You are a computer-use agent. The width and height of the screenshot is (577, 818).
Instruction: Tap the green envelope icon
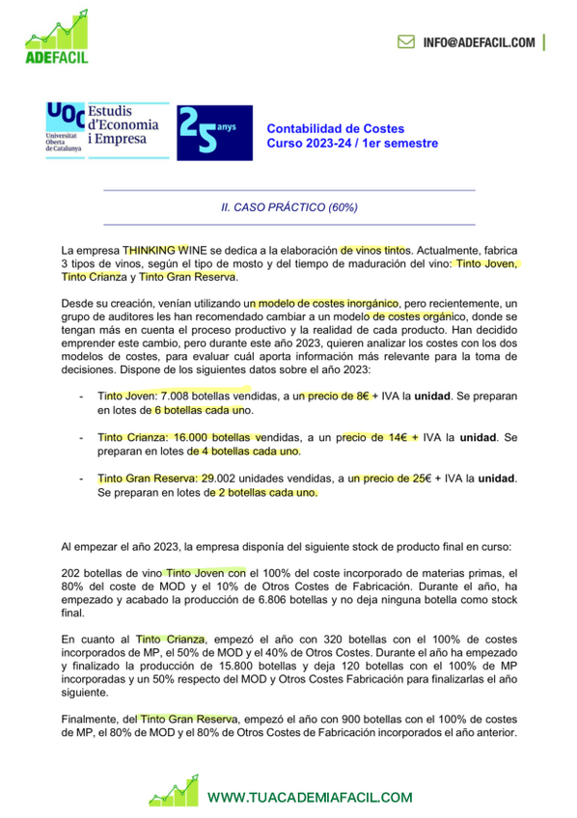(406, 42)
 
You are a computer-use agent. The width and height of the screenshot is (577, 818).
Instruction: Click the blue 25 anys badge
(213, 132)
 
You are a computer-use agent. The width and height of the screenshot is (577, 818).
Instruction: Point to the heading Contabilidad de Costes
(335, 128)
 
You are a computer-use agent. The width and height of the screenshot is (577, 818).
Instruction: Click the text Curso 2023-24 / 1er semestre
(352, 144)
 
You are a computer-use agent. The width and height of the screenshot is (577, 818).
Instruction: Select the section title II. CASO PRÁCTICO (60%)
(288, 206)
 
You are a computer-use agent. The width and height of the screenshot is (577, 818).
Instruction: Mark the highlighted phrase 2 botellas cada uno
(264, 492)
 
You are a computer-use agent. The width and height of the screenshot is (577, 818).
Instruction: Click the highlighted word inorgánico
(358, 304)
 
